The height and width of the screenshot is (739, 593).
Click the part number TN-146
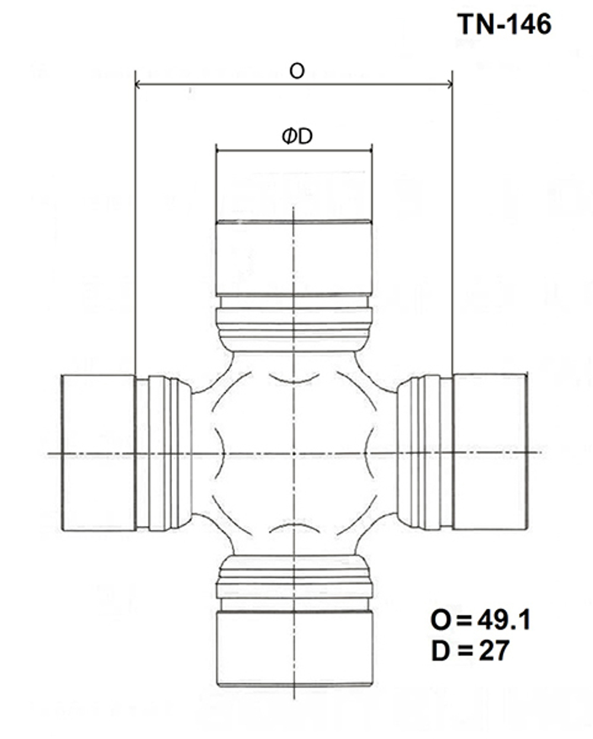click(x=505, y=24)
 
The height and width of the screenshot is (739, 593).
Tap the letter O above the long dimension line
click(x=297, y=72)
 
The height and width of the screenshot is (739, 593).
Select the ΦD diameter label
click(x=297, y=136)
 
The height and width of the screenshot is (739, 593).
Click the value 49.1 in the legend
click(x=503, y=620)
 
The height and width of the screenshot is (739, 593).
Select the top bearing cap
click(x=294, y=258)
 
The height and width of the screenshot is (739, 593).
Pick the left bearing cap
click(x=98, y=453)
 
